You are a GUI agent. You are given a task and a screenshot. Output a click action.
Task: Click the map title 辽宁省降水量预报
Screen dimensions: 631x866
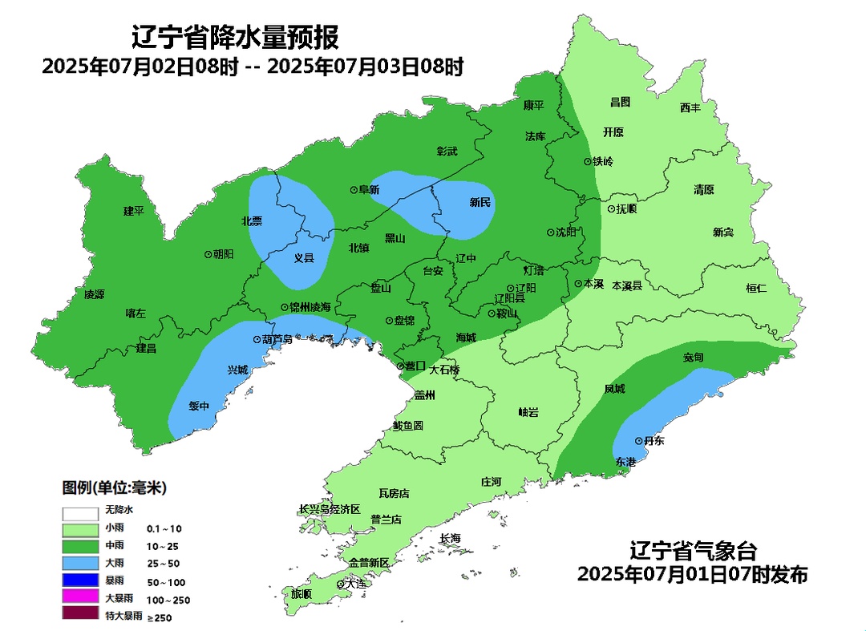click(x=235, y=37)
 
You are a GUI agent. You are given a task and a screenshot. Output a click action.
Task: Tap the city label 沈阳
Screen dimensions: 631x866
click(x=566, y=233)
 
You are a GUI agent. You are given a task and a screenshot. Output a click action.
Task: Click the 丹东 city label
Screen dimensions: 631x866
click(x=654, y=441)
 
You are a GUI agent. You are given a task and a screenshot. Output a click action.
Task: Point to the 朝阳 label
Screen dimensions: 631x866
click(x=224, y=253)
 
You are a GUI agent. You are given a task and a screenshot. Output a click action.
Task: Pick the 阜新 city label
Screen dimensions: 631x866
click(x=369, y=190)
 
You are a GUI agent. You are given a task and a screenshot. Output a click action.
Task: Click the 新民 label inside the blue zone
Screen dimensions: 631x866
click(x=480, y=203)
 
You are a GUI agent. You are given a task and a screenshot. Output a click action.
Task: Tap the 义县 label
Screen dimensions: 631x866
click(x=304, y=258)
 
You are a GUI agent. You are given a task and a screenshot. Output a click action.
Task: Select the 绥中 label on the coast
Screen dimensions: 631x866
click(x=199, y=407)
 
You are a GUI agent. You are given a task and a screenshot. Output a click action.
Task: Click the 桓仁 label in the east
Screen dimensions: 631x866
click(x=756, y=288)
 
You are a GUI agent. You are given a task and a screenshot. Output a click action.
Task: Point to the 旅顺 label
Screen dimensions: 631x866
click(x=301, y=594)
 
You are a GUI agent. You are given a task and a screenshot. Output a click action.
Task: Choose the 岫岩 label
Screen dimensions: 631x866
click(x=528, y=412)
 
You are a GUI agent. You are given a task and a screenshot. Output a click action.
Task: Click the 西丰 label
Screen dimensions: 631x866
click(x=690, y=107)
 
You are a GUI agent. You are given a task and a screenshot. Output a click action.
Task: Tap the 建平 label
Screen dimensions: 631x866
click(x=133, y=211)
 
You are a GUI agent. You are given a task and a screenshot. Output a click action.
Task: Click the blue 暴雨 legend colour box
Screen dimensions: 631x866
click(x=79, y=580)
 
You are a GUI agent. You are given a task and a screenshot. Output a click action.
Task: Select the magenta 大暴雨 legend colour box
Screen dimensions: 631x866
click(x=79, y=597)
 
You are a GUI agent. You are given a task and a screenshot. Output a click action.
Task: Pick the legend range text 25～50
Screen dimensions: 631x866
click(x=162, y=564)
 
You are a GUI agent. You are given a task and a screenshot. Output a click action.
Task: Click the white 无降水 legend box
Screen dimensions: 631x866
click(x=79, y=512)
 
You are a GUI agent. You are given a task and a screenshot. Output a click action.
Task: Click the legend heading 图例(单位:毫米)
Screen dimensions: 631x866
click(x=115, y=487)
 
